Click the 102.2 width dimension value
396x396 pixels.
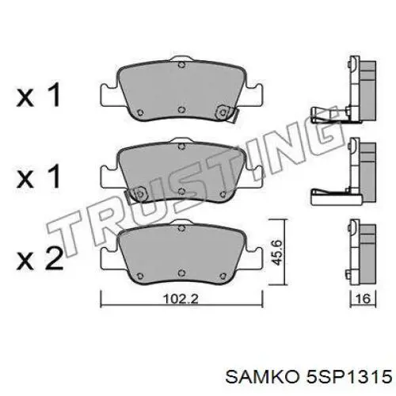181,299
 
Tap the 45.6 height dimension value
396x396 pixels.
277,253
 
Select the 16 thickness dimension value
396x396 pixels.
363,299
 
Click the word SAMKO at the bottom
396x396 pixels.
261,376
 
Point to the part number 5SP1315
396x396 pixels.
348,376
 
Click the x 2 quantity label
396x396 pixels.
40,258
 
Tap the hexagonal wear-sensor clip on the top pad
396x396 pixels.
223,112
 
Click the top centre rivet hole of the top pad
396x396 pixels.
181,65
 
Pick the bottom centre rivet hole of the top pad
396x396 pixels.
181,109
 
